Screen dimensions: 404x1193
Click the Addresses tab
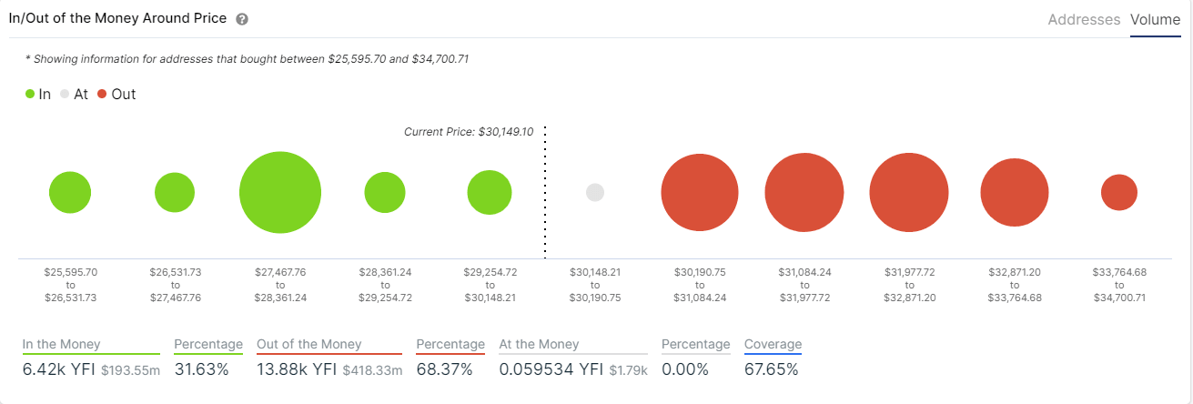tap(1084, 19)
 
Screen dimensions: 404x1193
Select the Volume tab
tap(1155, 19)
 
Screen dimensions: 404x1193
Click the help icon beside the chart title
tap(242, 19)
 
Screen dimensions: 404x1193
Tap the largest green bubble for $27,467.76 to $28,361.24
tap(280, 193)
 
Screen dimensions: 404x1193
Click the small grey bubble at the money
tap(595, 192)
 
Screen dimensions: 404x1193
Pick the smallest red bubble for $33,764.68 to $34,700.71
tap(1118, 192)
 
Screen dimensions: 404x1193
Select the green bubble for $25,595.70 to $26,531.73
tap(70, 192)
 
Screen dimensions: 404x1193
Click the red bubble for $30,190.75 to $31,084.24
tap(699, 193)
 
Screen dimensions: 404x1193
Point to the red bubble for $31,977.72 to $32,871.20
tap(908, 193)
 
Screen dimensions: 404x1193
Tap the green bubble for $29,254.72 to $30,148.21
tap(490, 192)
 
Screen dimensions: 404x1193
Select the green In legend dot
tap(30, 94)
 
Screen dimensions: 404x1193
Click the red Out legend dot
tap(102, 94)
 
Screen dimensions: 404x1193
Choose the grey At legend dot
tap(65, 94)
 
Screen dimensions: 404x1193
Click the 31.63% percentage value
tap(200, 369)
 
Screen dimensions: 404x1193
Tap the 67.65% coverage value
tap(772, 369)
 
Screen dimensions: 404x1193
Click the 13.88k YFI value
tap(297, 369)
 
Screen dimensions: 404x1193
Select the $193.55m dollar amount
tap(130, 371)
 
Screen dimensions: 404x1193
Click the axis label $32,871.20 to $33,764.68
tap(1014, 284)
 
